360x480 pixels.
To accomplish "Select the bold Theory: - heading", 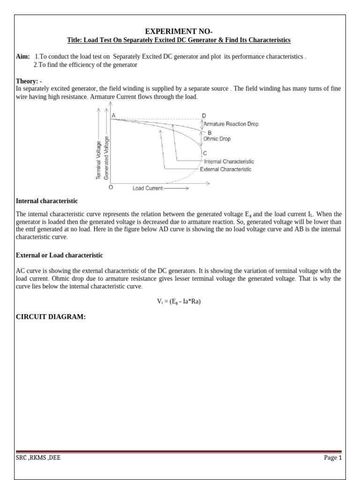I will [x=29, y=81].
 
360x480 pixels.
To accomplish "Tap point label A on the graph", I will [x=113, y=115].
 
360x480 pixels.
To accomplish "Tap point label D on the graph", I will [x=203, y=115].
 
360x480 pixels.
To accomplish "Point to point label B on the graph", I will [x=210, y=133].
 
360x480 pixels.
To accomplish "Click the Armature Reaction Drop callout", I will [x=231, y=124].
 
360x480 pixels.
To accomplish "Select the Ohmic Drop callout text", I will [x=217, y=139].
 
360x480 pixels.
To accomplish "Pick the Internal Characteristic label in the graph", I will [x=229, y=161].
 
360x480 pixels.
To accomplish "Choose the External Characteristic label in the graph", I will [x=225, y=169].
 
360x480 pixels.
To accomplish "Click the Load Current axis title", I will [x=147, y=188].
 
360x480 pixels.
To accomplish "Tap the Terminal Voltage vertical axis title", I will [x=98, y=159].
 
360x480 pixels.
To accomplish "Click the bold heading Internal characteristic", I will [x=47, y=201].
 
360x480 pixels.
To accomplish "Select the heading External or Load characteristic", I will [x=59, y=255].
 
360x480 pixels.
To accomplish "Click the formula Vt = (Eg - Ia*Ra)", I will [x=179, y=301].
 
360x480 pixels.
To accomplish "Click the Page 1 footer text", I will [x=333, y=458].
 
